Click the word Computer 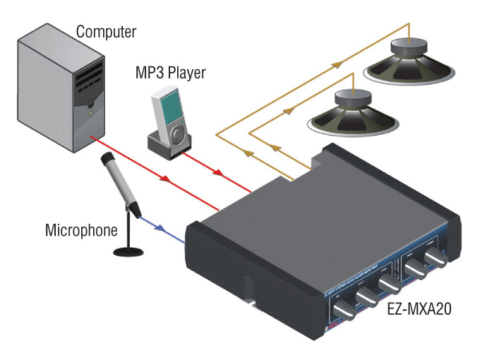[x=106, y=32]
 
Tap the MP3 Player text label [x=171, y=73]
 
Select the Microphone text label [x=79, y=230]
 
